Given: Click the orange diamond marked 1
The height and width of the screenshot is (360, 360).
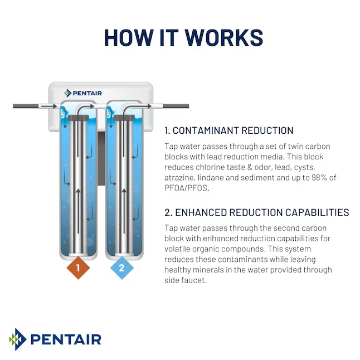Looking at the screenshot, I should click(78, 268).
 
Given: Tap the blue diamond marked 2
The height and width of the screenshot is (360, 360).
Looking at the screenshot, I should click(123, 268).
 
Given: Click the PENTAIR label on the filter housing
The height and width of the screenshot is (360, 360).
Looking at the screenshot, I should click(83, 93).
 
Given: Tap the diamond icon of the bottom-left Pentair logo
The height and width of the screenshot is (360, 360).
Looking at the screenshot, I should click(17, 339).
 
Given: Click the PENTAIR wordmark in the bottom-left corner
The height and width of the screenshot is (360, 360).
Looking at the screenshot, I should click(65, 339).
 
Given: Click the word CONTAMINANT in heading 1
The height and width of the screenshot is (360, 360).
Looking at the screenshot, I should click(207, 131).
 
